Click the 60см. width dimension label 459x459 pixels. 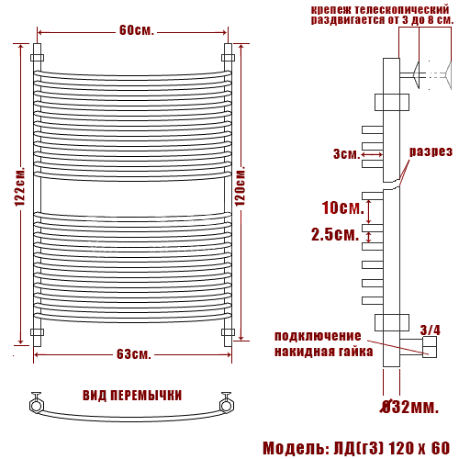coord(137,30)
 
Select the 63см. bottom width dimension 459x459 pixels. coord(134,354)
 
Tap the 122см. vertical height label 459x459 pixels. coord(20,186)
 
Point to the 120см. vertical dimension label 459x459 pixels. coord(240,185)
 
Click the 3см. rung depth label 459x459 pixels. coord(347,154)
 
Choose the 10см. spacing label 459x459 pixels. coord(343,207)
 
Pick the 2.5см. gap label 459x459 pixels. coord(335,235)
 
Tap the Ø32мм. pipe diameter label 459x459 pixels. coord(409,407)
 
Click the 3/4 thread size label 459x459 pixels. coord(431,330)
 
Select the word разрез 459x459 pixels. coord(431,151)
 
